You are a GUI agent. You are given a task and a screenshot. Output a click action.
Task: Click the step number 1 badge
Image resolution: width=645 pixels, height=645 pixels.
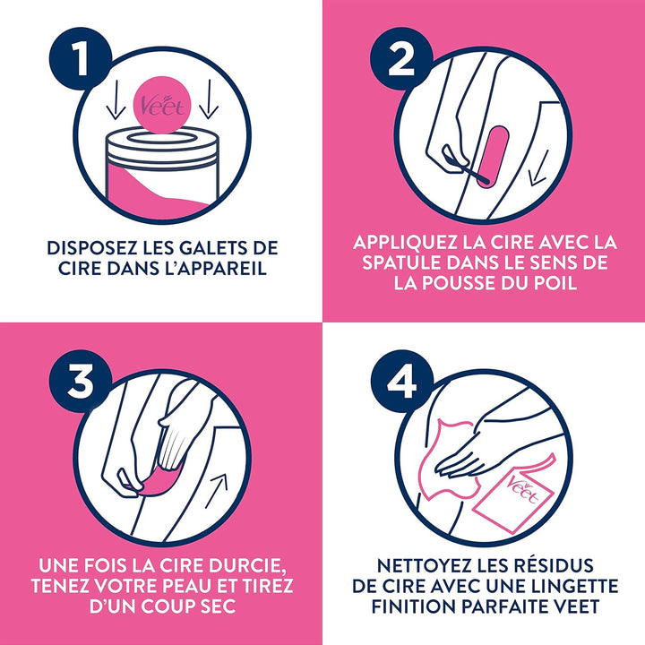coord(81,58)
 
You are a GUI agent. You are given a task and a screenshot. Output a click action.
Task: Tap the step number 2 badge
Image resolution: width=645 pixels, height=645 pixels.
coord(401,58)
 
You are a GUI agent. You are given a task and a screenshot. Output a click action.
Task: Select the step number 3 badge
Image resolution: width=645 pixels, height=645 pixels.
coord(81,382)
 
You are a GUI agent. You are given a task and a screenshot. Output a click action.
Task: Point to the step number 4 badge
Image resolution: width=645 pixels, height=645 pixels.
coord(401,382)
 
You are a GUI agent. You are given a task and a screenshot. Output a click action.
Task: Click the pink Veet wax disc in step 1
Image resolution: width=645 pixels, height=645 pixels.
coord(163,105)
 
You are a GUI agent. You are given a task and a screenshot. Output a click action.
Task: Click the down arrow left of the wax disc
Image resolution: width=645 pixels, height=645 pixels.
coord(116,99)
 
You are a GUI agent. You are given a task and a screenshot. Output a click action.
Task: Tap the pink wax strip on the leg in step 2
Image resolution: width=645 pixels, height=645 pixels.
coord(493,157)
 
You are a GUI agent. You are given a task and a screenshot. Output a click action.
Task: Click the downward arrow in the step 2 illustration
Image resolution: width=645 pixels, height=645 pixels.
coord(539,168)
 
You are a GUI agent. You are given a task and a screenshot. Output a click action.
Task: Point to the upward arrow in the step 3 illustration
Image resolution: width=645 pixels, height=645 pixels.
coord(217,490)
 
